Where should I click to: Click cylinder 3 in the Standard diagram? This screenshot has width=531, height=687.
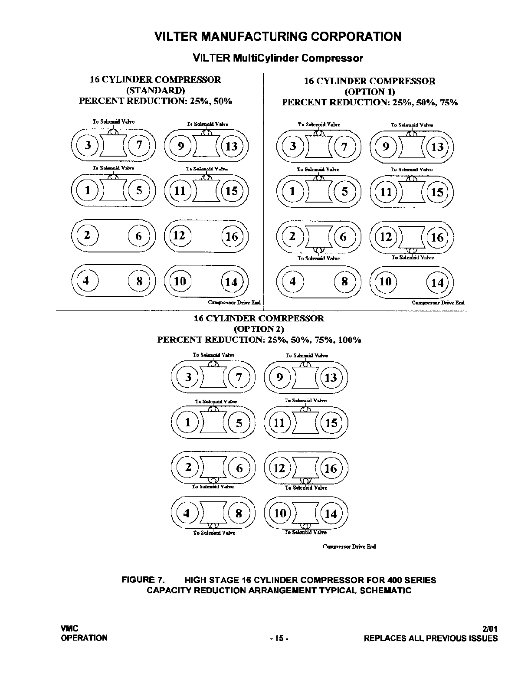click(x=88, y=145)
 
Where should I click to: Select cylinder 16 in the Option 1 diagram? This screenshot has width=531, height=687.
click(x=437, y=237)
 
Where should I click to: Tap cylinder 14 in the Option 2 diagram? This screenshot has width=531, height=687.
click(x=331, y=514)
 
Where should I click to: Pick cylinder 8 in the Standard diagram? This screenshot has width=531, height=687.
click(x=139, y=281)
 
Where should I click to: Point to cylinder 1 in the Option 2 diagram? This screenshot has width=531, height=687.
click(x=188, y=422)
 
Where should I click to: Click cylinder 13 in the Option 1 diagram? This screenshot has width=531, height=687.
click(x=437, y=147)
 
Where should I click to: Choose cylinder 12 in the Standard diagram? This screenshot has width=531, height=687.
click(x=179, y=236)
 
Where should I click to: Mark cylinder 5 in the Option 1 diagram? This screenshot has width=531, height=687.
click(x=344, y=191)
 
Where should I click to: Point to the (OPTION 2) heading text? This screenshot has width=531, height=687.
click(x=259, y=329)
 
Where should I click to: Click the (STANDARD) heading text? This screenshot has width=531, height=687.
click(x=155, y=90)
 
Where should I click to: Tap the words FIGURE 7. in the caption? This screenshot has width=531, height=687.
click(x=143, y=580)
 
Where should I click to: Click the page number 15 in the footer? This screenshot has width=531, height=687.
click(x=279, y=638)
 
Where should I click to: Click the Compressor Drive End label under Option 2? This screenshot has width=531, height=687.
click(x=349, y=546)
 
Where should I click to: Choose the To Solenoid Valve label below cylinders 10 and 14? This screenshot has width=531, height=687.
click(x=305, y=533)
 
